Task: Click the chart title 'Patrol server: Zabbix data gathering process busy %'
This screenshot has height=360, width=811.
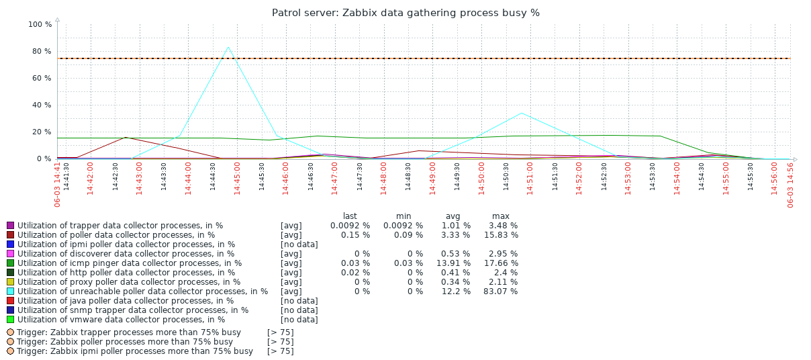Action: [x=405, y=13]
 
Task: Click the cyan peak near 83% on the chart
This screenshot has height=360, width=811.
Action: [x=228, y=47]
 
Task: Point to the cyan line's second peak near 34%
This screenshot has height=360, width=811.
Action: [x=522, y=113]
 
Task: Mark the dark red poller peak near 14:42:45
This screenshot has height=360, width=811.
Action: [x=125, y=138]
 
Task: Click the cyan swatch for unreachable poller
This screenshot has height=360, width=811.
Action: [x=10, y=291]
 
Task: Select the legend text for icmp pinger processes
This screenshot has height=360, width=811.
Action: [x=130, y=263]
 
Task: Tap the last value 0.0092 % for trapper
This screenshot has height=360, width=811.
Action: [x=350, y=226]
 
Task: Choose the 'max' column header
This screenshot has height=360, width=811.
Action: [x=500, y=216]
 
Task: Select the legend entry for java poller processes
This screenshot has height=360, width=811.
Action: [x=126, y=301]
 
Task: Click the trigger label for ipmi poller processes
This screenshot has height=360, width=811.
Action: [x=135, y=351]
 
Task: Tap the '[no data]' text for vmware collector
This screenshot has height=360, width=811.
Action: [x=299, y=320]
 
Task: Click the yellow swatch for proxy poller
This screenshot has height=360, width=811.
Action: [x=10, y=282]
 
